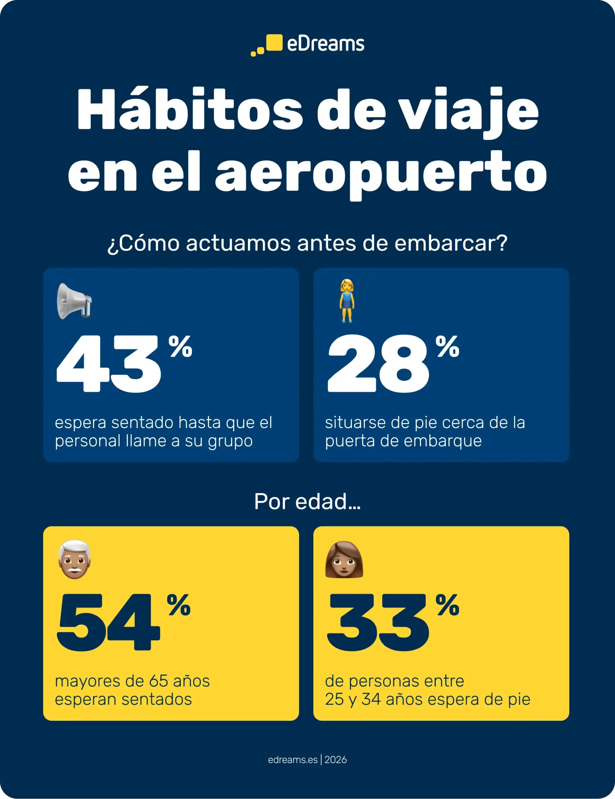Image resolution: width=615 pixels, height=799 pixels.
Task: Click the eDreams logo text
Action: pyautogui.click(x=325, y=44)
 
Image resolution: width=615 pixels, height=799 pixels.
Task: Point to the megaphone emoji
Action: pyautogui.click(x=74, y=301)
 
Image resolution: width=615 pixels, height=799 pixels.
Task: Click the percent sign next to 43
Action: pyautogui.click(x=180, y=346)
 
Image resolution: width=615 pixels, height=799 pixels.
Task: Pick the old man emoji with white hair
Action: pyautogui.click(x=75, y=559)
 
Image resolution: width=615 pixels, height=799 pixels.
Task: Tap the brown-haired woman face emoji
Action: pyautogui.click(x=344, y=560)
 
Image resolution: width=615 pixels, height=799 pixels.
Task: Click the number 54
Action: pyautogui.click(x=108, y=623)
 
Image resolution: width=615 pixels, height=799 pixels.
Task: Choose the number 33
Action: pyautogui.click(x=378, y=623)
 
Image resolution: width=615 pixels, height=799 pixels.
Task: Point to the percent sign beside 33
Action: pyautogui.click(x=447, y=605)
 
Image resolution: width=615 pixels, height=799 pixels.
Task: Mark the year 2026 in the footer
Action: pyautogui.click(x=336, y=760)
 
